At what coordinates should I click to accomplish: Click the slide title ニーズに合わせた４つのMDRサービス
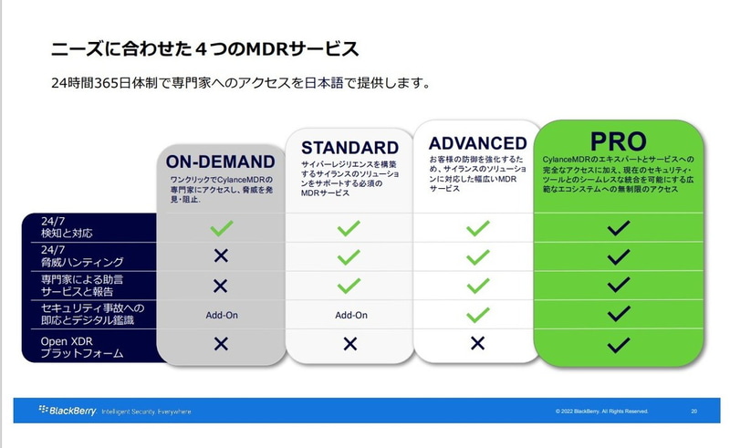[x=202, y=47]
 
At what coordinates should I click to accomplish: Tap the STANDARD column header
[x=349, y=148]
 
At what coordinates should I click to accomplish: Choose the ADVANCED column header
[x=477, y=143]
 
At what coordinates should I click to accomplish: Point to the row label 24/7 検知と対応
[x=68, y=227]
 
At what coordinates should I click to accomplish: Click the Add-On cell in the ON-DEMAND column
[x=220, y=315]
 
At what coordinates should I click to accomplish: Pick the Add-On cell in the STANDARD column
[x=350, y=315]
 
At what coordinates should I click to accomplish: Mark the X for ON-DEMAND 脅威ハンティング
[x=220, y=256]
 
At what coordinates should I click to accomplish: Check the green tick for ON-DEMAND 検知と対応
[x=220, y=227]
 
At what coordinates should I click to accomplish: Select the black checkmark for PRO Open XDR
[x=618, y=344]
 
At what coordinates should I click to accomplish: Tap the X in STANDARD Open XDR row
[x=350, y=344]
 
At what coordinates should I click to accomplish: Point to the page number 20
[x=694, y=412]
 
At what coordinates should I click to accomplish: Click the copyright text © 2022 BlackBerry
[x=601, y=412]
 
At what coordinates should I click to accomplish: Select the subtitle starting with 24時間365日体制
[x=241, y=84]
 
